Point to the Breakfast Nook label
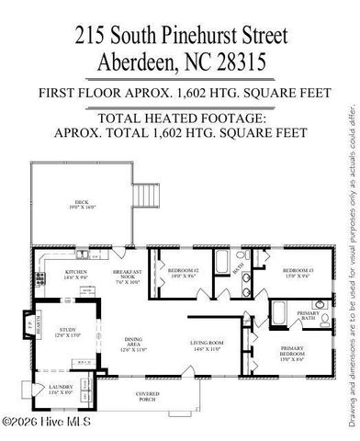pos(127,277)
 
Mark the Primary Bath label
pos(309,315)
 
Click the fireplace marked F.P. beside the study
pos(26,325)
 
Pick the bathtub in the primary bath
pos(281,309)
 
